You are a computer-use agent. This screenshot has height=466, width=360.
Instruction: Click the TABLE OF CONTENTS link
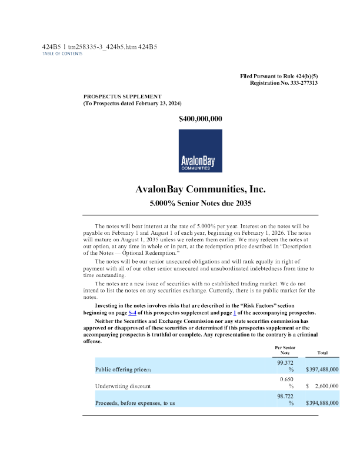tap(62, 54)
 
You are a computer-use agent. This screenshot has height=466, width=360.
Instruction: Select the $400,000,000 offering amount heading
tap(200, 119)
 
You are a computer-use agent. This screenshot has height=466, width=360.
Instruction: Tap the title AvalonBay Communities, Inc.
tap(200, 190)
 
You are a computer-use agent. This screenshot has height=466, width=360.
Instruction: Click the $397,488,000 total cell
tap(322, 370)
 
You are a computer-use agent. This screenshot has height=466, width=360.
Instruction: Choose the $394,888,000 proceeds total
tap(322, 403)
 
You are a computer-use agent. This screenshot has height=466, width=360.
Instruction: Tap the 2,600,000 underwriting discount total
tap(326, 386)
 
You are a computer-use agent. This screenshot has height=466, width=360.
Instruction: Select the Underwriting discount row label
tap(122, 386)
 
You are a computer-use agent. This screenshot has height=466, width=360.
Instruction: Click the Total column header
tap(322, 353)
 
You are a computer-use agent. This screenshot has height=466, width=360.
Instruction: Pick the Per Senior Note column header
tap(285, 350)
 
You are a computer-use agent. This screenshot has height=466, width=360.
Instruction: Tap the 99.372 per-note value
tap(285, 362)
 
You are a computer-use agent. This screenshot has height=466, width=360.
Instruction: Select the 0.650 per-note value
tap(285, 380)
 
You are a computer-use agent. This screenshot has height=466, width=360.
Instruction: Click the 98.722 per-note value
tap(285, 396)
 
